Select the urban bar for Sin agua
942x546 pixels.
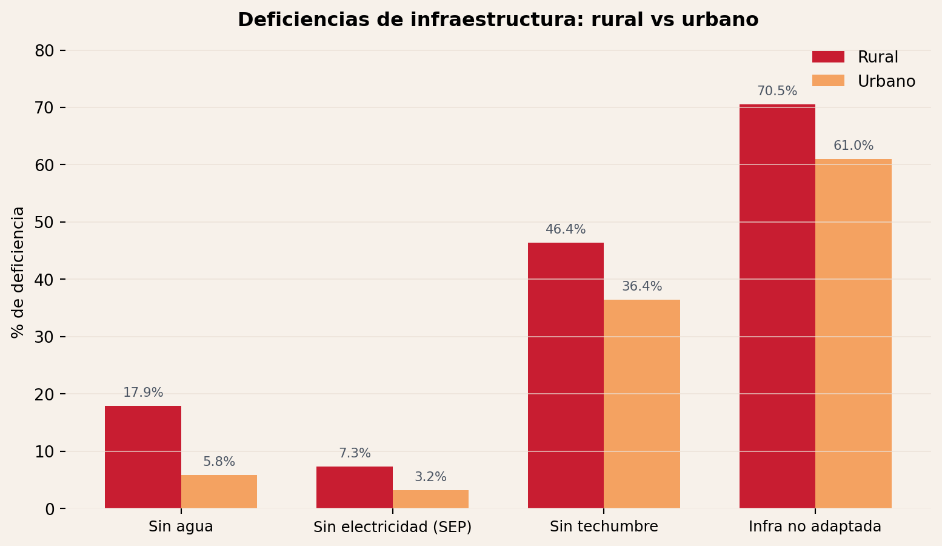[x=219, y=491]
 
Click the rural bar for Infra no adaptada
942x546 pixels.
[x=777, y=306]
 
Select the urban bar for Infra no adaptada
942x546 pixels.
[x=853, y=334]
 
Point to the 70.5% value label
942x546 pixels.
[x=777, y=92]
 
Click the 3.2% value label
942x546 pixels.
[x=430, y=477]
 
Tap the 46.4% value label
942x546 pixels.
[x=566, y=230]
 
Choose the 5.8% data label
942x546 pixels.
[x=219, y=462]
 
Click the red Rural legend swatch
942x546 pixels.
[x=828, y=57]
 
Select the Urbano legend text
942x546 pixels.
[x=886, y=81]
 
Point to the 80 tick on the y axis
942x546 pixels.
[x=44, y=50]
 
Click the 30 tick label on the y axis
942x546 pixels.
[x=44, y=337]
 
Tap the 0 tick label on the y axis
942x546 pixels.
[x=50, y=508]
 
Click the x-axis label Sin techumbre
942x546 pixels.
[x=604, y=527]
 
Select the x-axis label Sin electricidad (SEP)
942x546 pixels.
[x=392, y=527]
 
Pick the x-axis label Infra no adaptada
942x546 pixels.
[x=815, y=527]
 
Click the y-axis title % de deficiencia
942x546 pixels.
[x=18, y=272]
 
